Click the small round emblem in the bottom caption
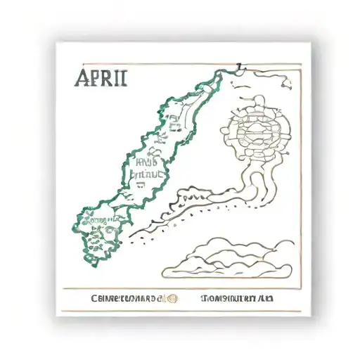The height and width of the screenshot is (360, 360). pos(171,298)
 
